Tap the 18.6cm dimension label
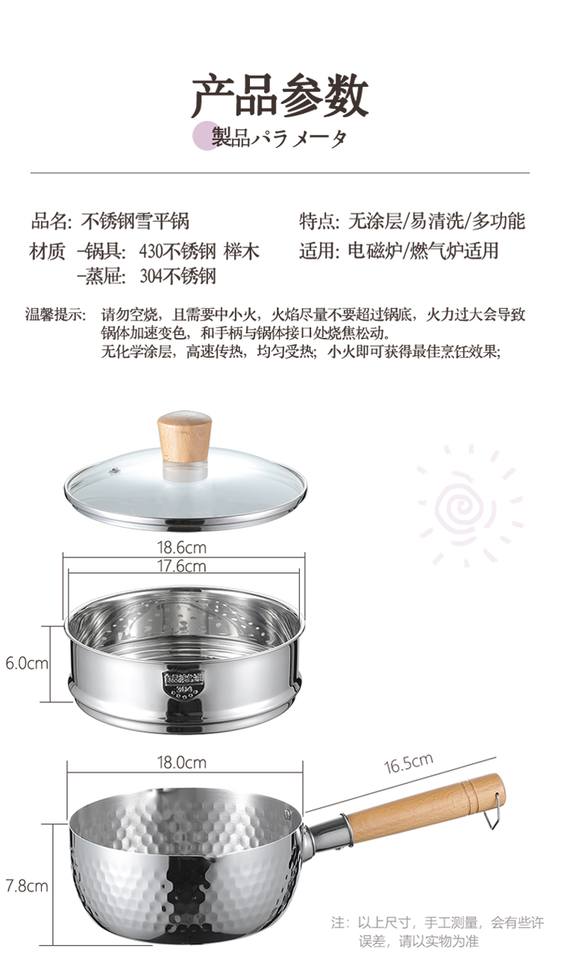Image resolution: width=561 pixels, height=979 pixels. [x=182, y=547]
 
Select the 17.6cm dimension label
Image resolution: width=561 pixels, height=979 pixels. [x=182, y=566]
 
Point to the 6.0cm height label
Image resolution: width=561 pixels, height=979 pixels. [x=27, y=663]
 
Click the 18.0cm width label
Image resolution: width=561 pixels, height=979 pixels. [x=182, y=763]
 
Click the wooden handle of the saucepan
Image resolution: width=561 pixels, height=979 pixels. [x=426, y=805]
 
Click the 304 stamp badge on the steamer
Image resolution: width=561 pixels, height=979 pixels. [x=184, y=684]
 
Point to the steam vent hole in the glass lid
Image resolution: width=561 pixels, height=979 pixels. [x=114, y=470]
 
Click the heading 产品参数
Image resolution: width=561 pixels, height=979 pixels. [x=280, y=96]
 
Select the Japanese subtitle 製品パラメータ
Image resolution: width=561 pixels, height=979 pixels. [x=280, y=138]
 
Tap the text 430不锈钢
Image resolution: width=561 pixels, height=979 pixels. [x=178, y=251]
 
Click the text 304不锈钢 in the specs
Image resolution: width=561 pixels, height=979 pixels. [x=178, y=277]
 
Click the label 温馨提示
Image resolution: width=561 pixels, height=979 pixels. [x=55, y=314]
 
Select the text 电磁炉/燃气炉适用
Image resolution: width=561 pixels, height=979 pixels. [x=423, y=251]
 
